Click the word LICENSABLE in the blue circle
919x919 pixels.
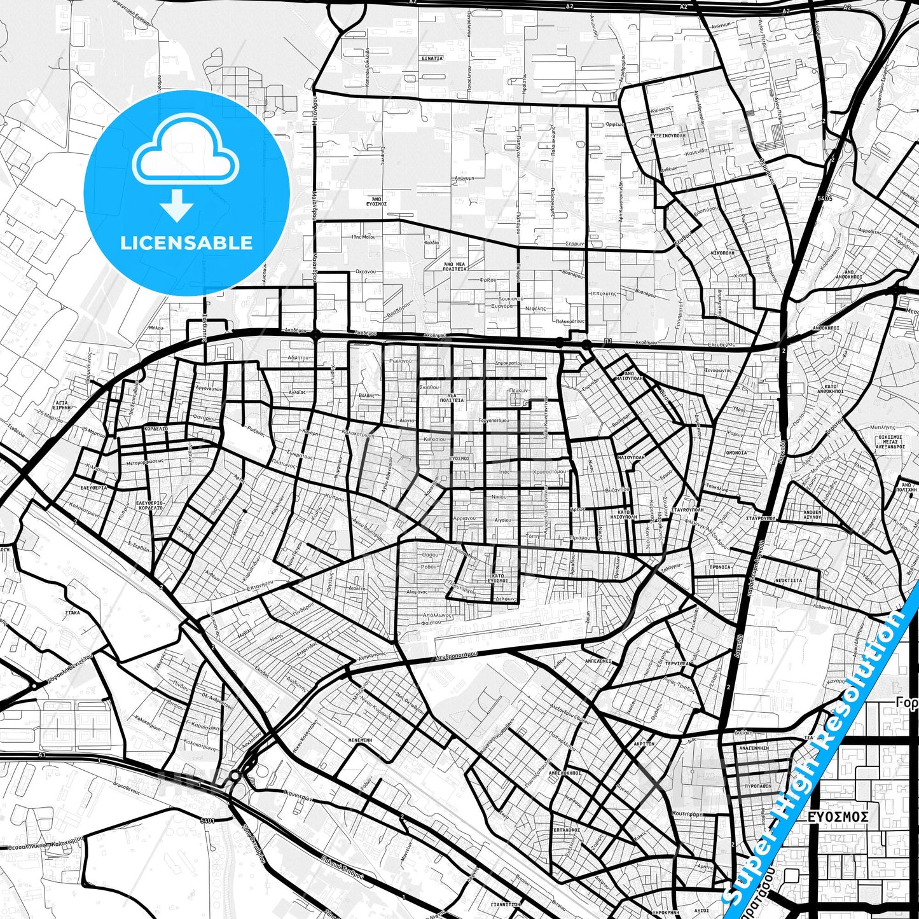click(186, 243)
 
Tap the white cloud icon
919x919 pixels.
click(186, 151)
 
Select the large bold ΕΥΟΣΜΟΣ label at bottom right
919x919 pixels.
click(838, 816)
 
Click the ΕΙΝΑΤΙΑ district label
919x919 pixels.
click(432, 58)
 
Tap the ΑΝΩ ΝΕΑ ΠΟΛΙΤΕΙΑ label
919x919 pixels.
click(455, 266)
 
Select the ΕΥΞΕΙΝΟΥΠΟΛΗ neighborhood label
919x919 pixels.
click(667, 135)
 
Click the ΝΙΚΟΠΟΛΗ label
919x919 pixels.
click(722, 252)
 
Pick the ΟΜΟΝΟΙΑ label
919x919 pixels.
click(736, 453)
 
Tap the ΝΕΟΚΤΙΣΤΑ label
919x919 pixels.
click(788, 581)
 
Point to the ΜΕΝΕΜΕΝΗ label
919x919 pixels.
click(360, 740)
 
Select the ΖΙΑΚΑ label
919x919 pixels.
click(73, 612)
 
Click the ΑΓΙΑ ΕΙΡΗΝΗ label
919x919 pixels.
click(62, 405)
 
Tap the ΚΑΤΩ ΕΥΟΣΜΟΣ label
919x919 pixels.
click(498, 578)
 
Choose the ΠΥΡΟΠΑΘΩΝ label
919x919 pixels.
click(757, 786)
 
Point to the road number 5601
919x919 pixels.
click(207, 820)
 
